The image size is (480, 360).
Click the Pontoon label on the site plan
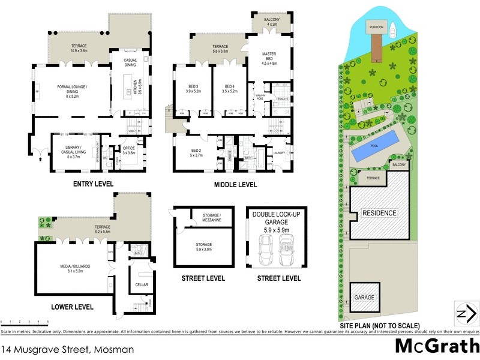(377, 27)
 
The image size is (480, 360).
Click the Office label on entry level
(130, 149)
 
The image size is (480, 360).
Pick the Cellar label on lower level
(142, 284)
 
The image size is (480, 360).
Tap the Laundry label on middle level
(278, 152)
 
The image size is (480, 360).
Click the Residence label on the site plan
(379, 213)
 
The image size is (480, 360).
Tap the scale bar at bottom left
(25, 324)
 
